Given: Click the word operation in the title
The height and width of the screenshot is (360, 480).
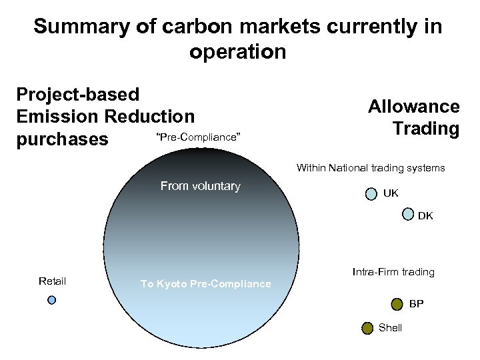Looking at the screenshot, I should click(237, 51).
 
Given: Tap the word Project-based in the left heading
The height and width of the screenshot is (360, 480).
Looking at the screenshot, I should click(77, 95).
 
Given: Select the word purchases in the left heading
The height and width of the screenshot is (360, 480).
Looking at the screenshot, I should click(62, 139).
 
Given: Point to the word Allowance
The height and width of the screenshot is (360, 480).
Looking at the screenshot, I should click(414, 107).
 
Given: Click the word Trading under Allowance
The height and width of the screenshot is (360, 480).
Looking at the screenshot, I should click(425, 128).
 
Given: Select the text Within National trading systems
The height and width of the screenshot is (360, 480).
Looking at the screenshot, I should click(371, 168).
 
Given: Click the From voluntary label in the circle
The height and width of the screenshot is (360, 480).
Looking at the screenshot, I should click(200, 186).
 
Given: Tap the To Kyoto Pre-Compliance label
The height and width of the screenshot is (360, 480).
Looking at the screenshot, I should click(205, 284).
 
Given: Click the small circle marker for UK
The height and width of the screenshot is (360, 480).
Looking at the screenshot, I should click(371, 194).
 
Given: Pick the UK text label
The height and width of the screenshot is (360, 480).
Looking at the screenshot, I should click(391, 193).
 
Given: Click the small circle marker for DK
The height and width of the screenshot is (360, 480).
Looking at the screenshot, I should click(408, 214).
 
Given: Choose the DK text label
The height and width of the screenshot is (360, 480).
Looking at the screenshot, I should click(425, 216).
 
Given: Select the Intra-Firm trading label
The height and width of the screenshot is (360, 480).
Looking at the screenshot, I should click(393, 272).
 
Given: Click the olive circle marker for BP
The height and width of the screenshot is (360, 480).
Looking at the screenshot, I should click(397, 305).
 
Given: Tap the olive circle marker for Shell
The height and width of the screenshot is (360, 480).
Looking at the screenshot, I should click(367, 327).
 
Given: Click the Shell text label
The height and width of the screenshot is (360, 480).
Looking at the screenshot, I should click(390, 328).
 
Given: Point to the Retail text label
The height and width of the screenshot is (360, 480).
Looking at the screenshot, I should click(52, 281).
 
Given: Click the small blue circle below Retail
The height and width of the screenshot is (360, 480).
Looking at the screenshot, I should click(52, 300).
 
